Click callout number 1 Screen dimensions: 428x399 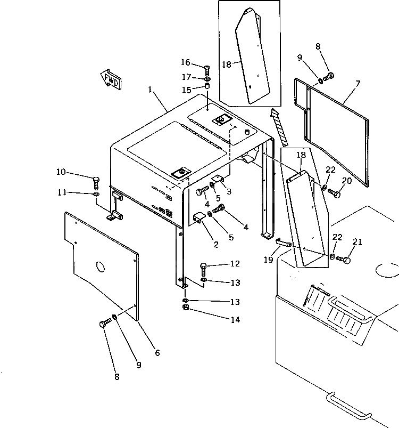(x=152, y=91)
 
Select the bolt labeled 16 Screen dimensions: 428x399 (x=207, y=68)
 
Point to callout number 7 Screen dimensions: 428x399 (x=358, y=83)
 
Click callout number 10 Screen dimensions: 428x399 (x=61, y=172)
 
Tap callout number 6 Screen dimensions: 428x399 (x=157, y=352)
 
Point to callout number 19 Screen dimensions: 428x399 (x=268, y=260)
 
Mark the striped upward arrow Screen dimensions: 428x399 (x=279, y=126)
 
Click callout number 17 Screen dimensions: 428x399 (x=186, y=77)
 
